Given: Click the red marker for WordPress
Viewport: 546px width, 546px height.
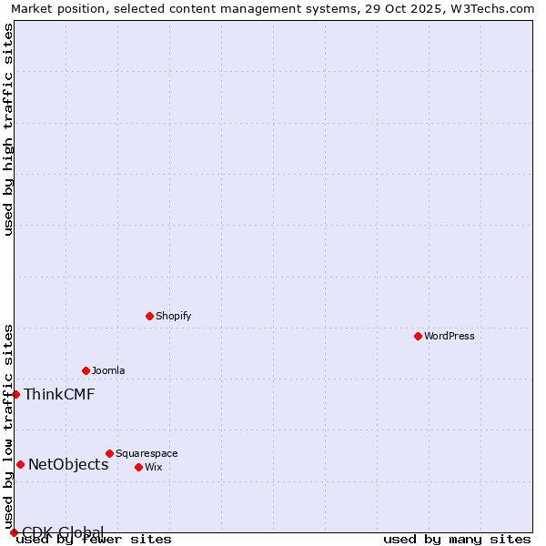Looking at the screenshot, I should pyautogui.click(x=418, y=336).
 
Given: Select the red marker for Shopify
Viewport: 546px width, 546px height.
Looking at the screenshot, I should pyautogui.click(x=149, y=316).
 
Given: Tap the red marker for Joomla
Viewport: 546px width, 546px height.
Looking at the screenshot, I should pyautogui.click(x=86, y=370).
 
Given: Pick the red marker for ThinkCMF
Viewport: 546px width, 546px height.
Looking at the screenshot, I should pyautogui.click(x=15, y=394).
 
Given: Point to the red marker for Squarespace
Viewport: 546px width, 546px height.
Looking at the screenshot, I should pyautogui.click(x=109, y=453).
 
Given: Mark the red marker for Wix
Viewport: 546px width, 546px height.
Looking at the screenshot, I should pyautogui.click(x=138, y=467).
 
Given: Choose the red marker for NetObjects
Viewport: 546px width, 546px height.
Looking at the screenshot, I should pyautogui.click(x=20, y=464).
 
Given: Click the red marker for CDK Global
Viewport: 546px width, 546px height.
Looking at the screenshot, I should pyautogui.click(x=14, y=532).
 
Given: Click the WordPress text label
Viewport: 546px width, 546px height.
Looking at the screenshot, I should pyautogui.click(x=450, y=336).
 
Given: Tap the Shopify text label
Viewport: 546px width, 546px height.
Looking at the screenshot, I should pyautogui.click(x=173, y=316).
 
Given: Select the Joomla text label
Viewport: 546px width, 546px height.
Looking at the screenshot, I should pyautogui.click(x=108, y=370).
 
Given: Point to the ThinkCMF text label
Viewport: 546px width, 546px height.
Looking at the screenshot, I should pyautogui.click(x=59, y=394).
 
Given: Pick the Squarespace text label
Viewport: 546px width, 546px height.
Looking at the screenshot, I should pyautogui.click(x=147, y=453).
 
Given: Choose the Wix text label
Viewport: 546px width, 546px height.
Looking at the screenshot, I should pyautogui.click(x=154, y=467).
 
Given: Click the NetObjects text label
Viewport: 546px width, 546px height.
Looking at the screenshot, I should pyautogui.click(x=68, y=464).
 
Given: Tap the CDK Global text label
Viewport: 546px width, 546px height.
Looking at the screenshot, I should pyautogui.click(x=63, y=531).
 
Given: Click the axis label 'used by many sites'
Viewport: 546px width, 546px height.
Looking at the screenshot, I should pyautogui.click(x=457, y=540).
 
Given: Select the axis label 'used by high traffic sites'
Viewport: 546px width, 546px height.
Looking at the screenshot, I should pyautogui.click(x=8, y=129).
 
